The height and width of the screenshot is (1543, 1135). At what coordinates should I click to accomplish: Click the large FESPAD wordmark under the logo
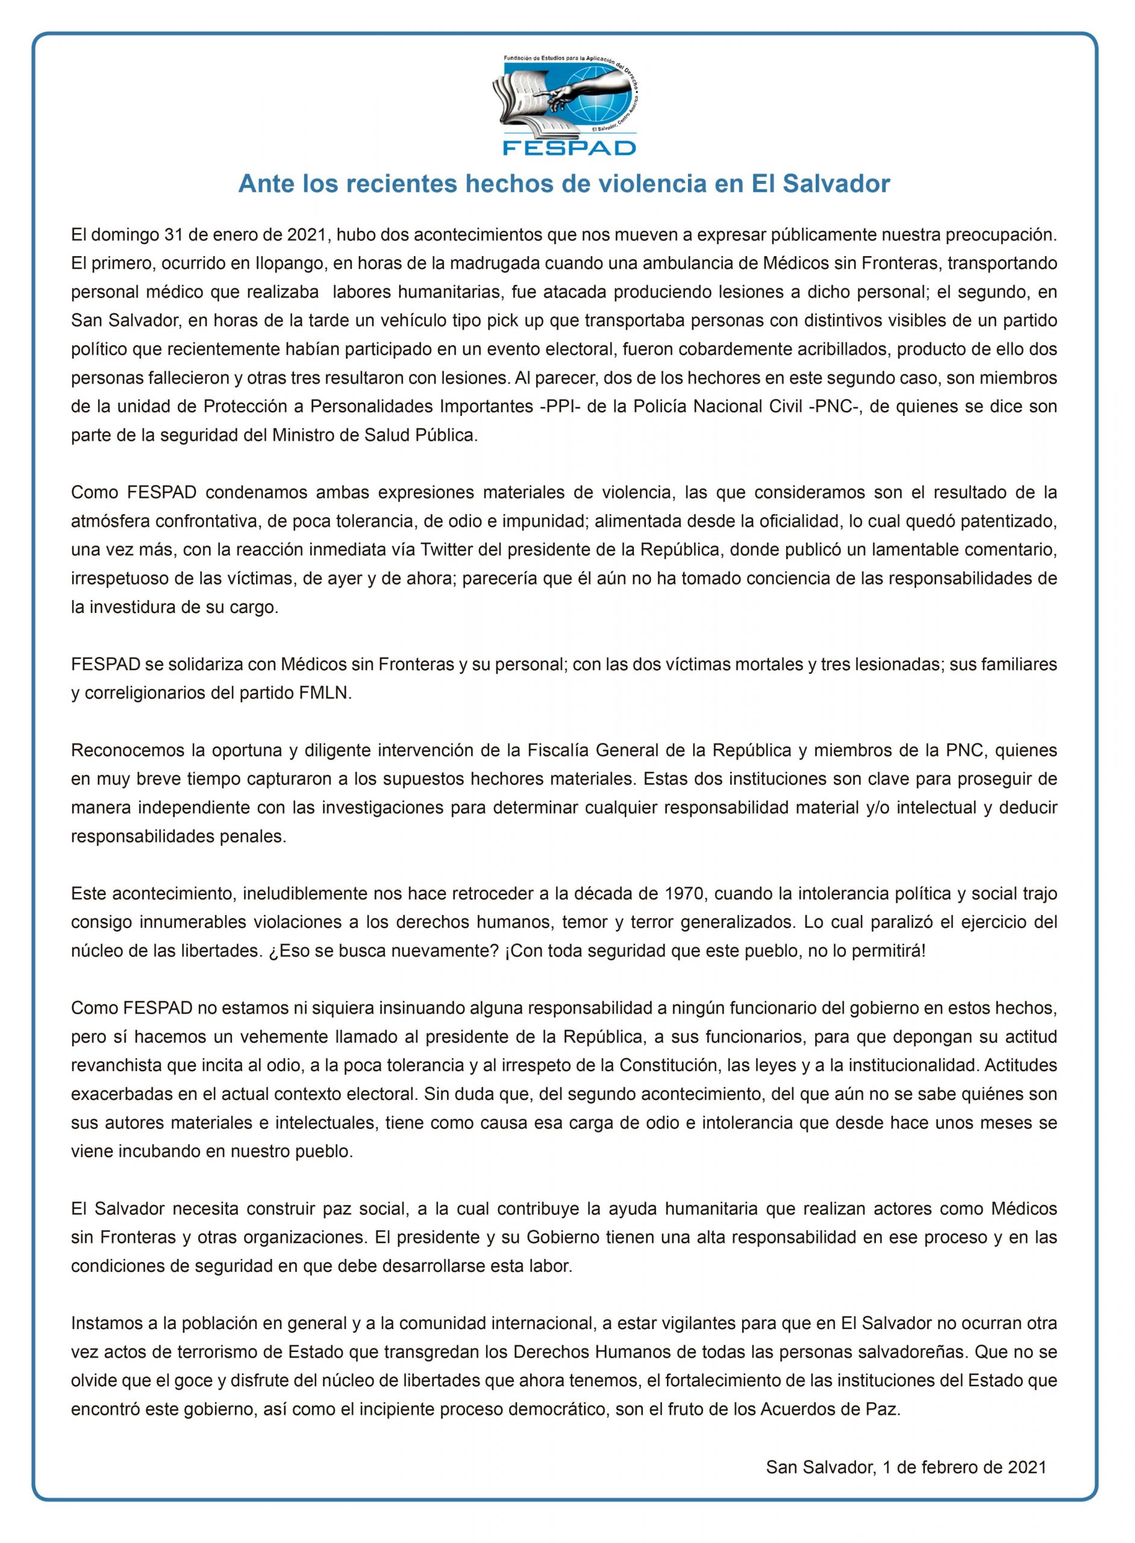click(x=569, y=146)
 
